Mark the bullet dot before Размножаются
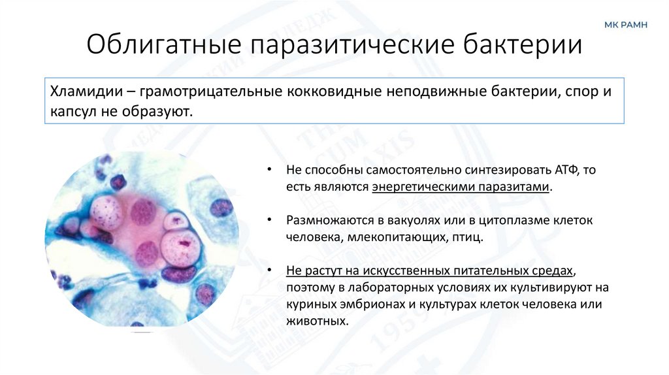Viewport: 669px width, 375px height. pyautogui.click(x=269, y=220)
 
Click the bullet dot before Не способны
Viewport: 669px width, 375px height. pyautogui.click(x=269, y=170)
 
